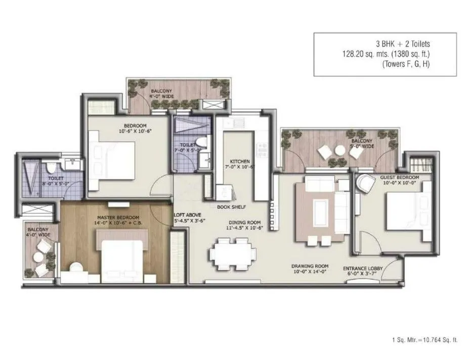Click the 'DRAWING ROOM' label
pos(310,266)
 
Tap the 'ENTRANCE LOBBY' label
pos(363,268)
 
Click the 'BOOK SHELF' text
pos(228,207)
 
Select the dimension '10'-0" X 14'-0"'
pos(310,272)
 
